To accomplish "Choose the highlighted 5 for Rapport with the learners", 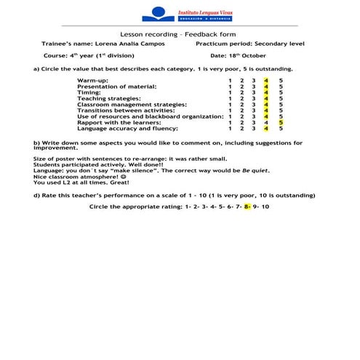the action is (281, 122).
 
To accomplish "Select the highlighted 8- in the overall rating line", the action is (247, 207).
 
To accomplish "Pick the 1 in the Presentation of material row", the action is (231, 86).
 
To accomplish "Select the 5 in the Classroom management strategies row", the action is (281, 104).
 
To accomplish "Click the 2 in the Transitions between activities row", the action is (242, 111).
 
